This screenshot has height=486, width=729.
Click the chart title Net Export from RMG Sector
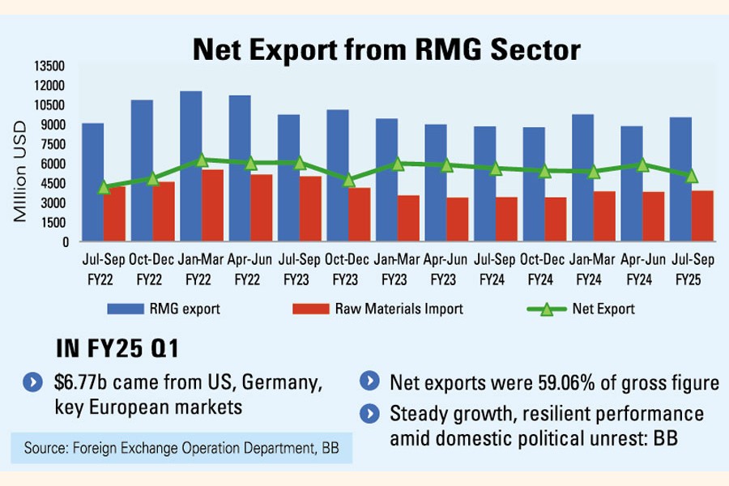(386, 50)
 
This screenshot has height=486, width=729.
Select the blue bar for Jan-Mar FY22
(190, 166)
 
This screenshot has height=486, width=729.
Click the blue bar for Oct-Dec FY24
(534, 185)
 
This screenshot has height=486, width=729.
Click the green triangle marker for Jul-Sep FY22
(104, 187)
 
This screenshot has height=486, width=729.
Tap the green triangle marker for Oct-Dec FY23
(349, 180)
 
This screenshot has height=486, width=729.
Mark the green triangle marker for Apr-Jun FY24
(643, 164)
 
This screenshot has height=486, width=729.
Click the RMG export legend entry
(162, 309)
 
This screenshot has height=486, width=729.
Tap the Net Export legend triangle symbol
(548, 309)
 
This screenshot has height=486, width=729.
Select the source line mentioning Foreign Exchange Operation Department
(181, 447)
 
